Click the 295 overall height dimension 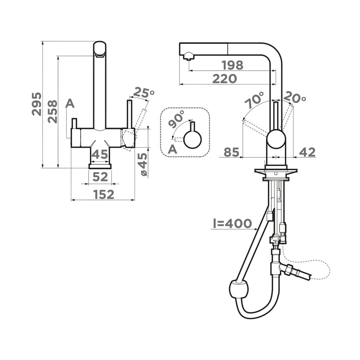(x=37, y=104)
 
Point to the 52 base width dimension (x=100, y=177)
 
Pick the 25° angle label (x=144, y=93)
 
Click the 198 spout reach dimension (x=232, y=65)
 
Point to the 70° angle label (x=255, y=101)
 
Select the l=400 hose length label (x=232, y=223)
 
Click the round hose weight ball (x=239, y=291)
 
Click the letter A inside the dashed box (x=172, y=149)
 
